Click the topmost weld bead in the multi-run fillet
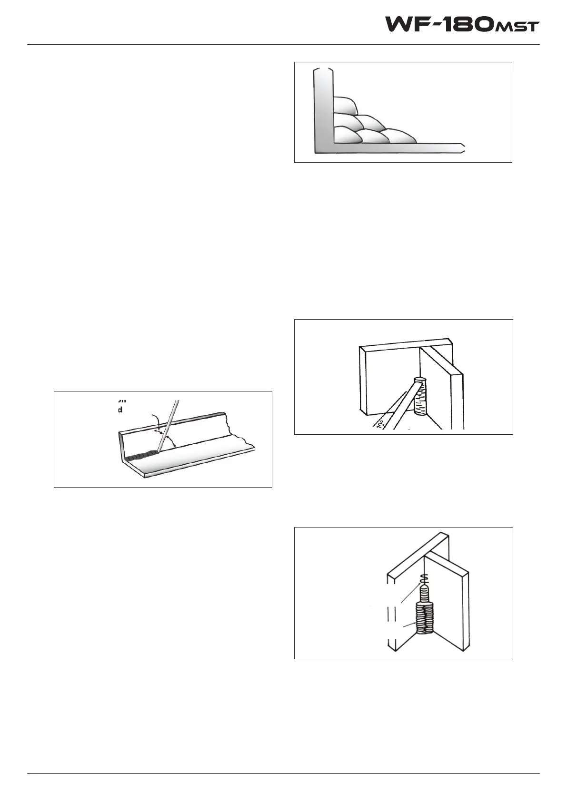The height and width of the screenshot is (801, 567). (345, 105)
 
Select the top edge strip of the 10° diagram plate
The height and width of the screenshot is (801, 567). (405, 342)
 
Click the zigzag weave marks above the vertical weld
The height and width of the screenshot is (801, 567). (425, 579)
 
